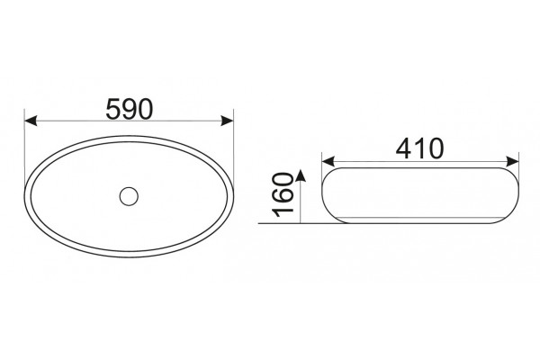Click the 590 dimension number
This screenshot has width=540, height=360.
tap(129, 109)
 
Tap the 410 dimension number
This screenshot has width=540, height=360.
tap(419, 148)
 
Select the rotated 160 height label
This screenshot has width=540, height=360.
tap(283, 195)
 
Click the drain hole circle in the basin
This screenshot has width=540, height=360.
tap(129, 196)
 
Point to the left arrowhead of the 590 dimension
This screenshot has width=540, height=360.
tap(31, 121)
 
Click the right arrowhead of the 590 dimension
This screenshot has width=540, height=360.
tap(228, 121)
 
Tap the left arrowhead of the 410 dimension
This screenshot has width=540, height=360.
tap(328, 161)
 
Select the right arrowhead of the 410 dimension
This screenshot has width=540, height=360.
tap(512, 161)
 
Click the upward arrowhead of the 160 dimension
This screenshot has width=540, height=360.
tap(301, 175)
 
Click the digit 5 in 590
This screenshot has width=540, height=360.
tap(113, 109)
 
